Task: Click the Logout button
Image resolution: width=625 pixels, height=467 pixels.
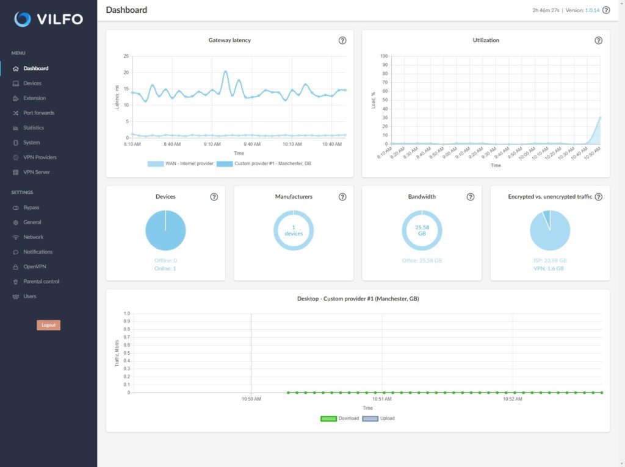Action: coord(48,325)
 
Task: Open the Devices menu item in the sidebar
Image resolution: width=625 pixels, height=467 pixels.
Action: coord(32,83)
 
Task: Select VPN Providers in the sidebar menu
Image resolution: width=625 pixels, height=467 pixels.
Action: coord(40,157)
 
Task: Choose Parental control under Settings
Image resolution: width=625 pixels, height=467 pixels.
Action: coord(41,281)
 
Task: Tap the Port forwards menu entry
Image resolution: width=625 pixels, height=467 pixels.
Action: coord(38,113)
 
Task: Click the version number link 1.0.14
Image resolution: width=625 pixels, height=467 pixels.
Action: coord(592,10)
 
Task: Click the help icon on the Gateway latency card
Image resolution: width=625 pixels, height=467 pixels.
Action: coord(342,40)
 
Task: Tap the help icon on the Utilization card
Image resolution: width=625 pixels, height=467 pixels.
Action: coord(598,40)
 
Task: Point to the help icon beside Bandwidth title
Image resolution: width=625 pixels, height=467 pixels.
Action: coord(471,197)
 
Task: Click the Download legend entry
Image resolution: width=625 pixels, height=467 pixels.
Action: coord(340,418)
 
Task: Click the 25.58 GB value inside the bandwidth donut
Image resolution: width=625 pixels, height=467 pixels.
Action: coord(422,230)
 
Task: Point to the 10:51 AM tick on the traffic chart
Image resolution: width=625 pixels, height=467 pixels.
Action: coord(381,399)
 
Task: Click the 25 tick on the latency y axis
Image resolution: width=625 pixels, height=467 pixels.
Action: coord(126,56)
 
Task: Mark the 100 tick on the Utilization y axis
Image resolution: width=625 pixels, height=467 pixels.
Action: coord(384,56)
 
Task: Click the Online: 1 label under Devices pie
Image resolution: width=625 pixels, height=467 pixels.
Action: coord(165,268)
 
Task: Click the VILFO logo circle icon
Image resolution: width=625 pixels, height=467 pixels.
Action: coord(23,19)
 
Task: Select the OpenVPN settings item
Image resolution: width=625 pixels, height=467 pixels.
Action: coord(34,266)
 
